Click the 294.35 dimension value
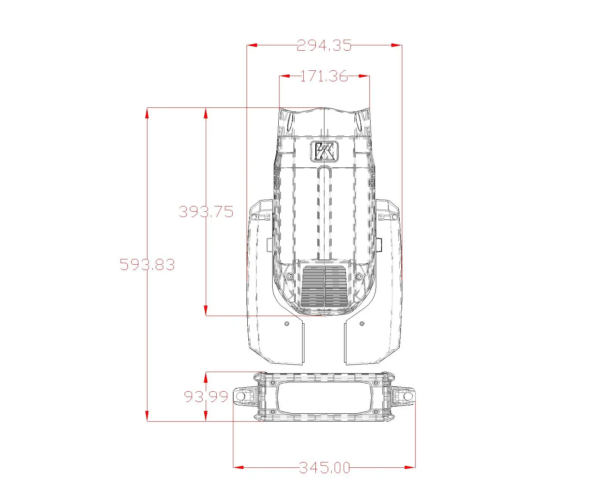click(x=324, y=45)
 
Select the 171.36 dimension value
click(x=324, y=76)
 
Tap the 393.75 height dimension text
click(x=206, y=212)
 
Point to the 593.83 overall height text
click(x=147, y=265)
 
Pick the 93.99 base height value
click(x=206, y=397)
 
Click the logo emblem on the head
click(x=324, y=152)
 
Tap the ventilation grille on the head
click(x=324, y=287)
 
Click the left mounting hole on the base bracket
click(x=240, y=397)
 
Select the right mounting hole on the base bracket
click(x=408, y=397)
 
